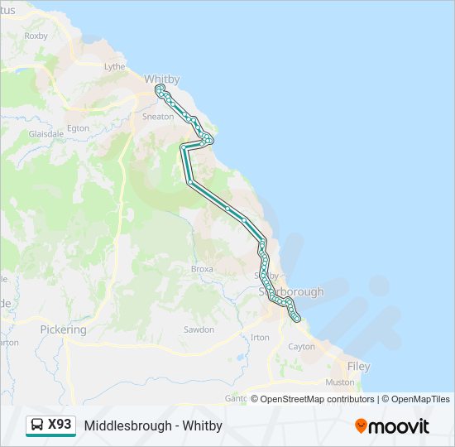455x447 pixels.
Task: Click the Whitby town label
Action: (x=161, y=79)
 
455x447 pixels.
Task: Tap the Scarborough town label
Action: (x=290, y=292)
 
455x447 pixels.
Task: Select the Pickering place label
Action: (x=63, y=329)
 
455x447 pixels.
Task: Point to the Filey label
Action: (x=359, y=366)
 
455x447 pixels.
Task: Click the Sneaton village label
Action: (x=158, y=117)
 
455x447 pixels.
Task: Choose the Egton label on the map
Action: (x=79, y=128)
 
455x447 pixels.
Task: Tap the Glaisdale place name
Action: (x=46, y=133)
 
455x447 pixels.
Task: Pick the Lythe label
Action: (x=115, y=66)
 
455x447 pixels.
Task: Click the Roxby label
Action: (x=36, y=36)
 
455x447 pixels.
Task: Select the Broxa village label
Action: (x=202, y=269)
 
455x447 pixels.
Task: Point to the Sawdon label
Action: (x=199, y=329)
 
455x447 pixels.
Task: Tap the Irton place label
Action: (x=260, y=338)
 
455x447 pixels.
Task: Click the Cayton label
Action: (x=302, y=347)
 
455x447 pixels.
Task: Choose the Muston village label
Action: (x=340, y=382)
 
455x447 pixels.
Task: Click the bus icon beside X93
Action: (x=37, y=425)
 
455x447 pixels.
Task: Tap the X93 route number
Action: (x=60, y=425)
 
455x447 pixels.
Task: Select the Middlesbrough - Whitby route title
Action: (x=153, y=425)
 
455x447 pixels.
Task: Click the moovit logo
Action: (x=392, y=426)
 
